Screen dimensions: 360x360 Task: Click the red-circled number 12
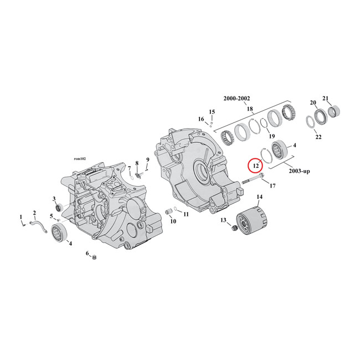click(x=255, y=164)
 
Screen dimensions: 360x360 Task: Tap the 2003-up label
click(x=299, y=171)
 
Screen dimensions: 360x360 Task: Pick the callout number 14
click(x=259, y=197)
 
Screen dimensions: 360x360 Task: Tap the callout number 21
click(x=326, y=98)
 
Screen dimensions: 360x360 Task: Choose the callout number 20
click(x=312, y=102)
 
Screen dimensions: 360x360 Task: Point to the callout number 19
click(x=271, y=136)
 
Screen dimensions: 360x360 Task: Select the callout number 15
click(x=211, y=112)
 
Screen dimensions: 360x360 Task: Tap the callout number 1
click(x=22, y=217)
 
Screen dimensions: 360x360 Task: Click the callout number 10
click(x=172, y=221)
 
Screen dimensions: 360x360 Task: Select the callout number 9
click(x=147, y=160)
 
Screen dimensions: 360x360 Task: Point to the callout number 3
click(x=54, y=198)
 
